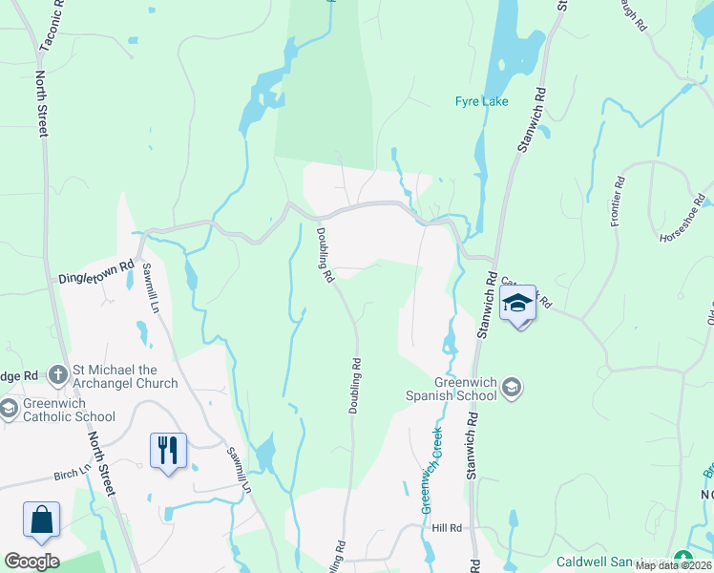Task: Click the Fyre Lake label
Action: [x=481, y=101]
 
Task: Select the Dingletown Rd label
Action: [x=98, y=271]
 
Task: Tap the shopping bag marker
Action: [x=41, y=520]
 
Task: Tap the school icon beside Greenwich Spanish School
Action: [x=513, y=386]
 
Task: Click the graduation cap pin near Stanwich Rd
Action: [x=516, y=304]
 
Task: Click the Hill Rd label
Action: [x=446, y=528]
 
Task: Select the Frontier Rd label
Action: [x=618, y=202]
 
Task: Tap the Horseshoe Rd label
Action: [x=683, y=225]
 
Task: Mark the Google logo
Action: [x=31, y=562]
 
